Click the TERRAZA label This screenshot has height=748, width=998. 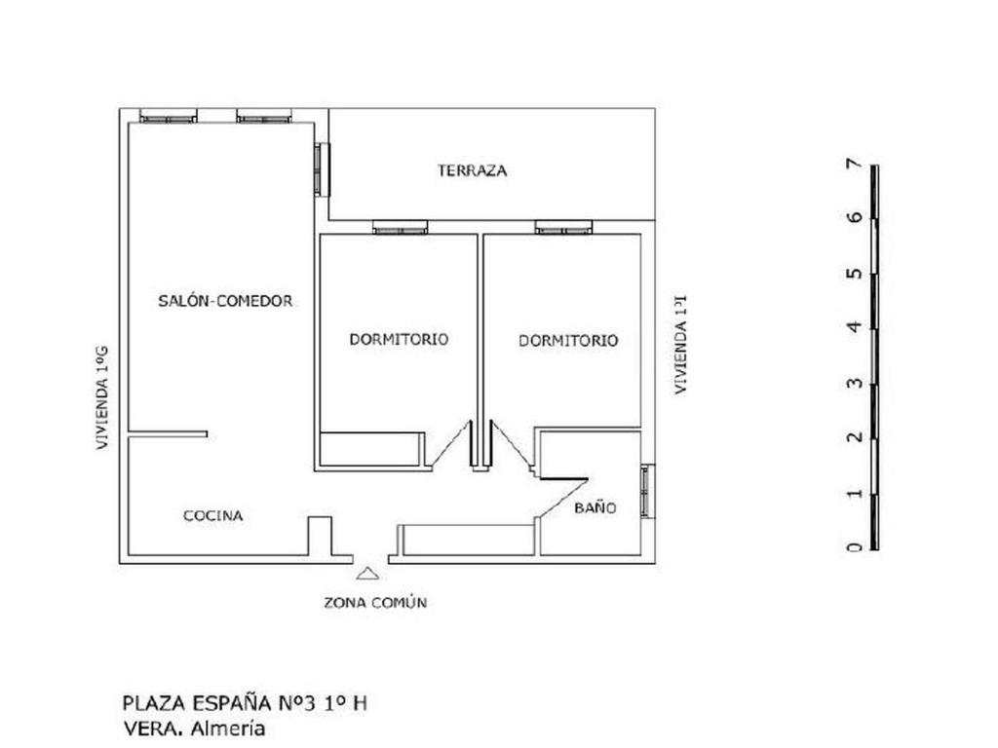472,170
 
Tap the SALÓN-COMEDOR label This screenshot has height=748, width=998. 225,301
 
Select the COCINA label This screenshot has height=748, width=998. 213,516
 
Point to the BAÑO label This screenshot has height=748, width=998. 595,507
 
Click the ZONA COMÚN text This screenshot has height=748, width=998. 375,602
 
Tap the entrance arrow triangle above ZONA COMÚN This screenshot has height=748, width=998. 367,574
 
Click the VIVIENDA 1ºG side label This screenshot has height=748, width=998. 102,398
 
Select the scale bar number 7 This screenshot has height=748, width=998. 855,164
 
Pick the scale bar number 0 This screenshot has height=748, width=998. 855,547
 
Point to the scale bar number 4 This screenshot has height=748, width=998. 855,327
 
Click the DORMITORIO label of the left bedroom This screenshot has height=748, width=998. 399,339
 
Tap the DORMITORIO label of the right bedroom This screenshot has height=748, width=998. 568,340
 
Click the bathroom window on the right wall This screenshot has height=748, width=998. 647,491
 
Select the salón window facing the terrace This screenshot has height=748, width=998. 323,169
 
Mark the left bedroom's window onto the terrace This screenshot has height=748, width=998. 401,228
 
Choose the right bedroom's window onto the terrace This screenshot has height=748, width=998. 564,228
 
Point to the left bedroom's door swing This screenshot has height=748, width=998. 449,444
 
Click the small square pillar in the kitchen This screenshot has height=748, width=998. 320,537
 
